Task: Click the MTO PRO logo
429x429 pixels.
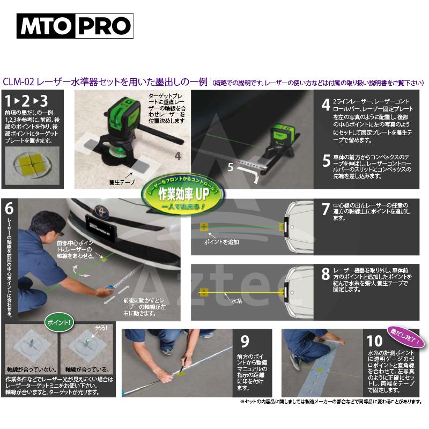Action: (75, 26)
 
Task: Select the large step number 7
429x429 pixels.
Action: (326, 209)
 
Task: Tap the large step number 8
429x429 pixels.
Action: (326, 274)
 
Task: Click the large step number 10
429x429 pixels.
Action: (375, 341)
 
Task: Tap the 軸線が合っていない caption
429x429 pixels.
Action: (29, 369)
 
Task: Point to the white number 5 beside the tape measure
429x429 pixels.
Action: (230, 167)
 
